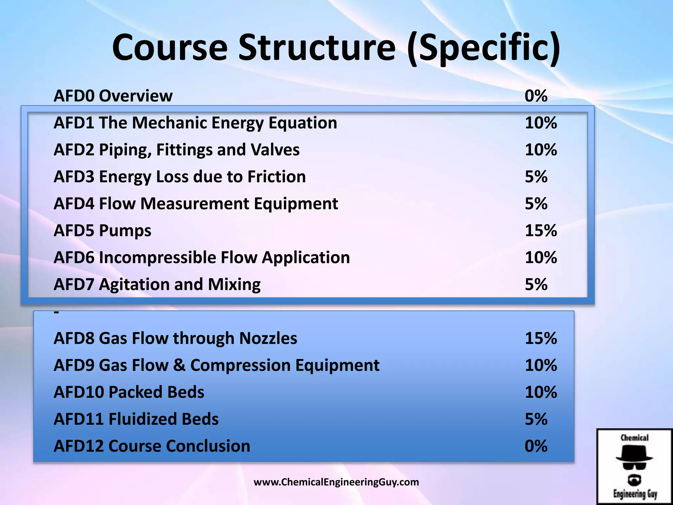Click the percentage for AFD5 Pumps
point(541,230)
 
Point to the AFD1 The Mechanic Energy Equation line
point(195,123)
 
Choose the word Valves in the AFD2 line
point(275,150)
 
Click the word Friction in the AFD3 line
point(276,177)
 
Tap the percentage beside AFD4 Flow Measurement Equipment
point(536,204)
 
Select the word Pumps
point(125,231)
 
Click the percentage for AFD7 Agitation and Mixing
point(536,284)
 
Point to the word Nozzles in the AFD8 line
point(268,338)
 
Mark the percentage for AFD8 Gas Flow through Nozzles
point(541,338)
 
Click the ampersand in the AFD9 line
point(179,365)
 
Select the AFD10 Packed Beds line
point(129,392)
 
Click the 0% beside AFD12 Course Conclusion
point(536,446)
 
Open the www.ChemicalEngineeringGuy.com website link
point(336,482)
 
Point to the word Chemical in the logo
point(635,438)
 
